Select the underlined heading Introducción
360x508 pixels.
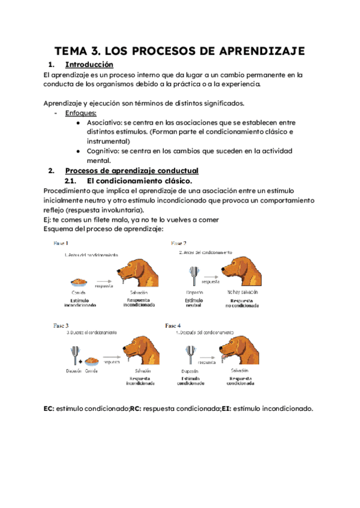click(89, 65)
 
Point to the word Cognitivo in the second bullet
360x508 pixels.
click(104, 151)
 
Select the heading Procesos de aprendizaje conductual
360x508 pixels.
click(131, 171)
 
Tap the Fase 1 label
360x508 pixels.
click(61, 244)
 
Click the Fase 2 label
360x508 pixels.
click(179, 244)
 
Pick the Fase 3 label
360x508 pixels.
click(61, 325)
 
